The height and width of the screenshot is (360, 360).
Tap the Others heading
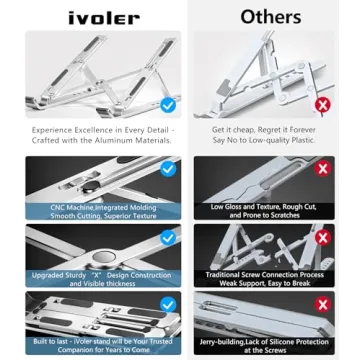[x=270, y=16]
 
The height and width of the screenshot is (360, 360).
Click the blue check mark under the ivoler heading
[x=168, y=104]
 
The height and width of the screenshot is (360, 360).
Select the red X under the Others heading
[x=322, y=104]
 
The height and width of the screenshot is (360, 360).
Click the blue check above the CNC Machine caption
[x=168, y=170]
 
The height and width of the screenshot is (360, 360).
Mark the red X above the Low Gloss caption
[x=322, y=170]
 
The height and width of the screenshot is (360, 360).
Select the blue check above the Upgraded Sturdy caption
[x=168, y=238]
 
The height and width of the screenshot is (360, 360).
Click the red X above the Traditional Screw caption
[x=322, y=238]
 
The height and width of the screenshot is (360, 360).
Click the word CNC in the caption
[x=62, y=207]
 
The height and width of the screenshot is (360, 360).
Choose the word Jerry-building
[x=227, y=341]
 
